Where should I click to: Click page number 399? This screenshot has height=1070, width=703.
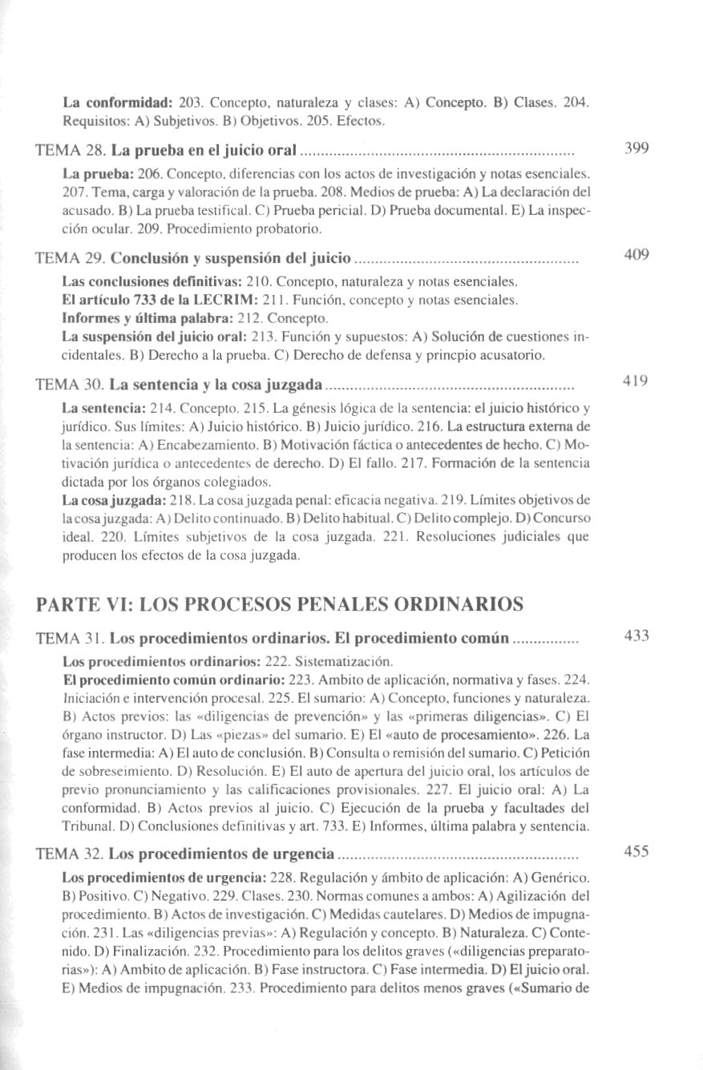(x=636, y=148)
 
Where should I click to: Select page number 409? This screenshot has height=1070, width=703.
(x=636, y=256)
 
